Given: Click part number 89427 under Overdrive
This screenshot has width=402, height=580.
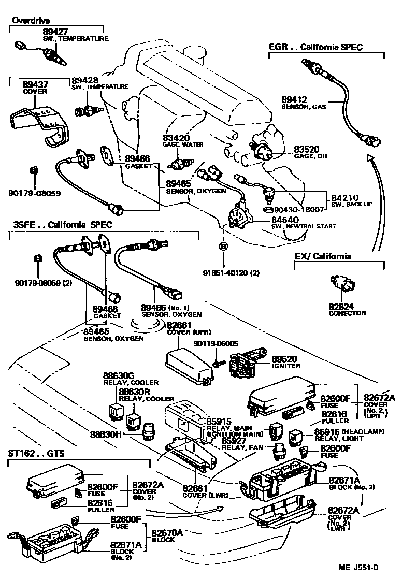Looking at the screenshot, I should pyautogui.click(x=55, y=31).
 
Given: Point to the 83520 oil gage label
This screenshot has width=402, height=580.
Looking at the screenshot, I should pyautogui.click(x=306, y=148).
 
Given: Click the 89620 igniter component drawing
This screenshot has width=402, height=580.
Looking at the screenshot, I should pyautogui.click(x=244, y=365).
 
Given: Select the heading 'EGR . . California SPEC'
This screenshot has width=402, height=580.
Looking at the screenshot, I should pyautogui.click(x=315, y=47).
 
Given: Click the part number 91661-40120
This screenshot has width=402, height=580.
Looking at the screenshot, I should pyautogui.click(x=226, y=273).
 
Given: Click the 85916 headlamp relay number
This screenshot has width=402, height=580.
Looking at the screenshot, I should pyautogui.click(x=327, y=431).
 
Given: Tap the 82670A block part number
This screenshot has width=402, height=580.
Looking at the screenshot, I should pyautogui.click(x=168, y=532).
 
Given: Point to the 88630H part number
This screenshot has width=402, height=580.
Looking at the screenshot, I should pyautogui.click(x=119, y=433).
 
